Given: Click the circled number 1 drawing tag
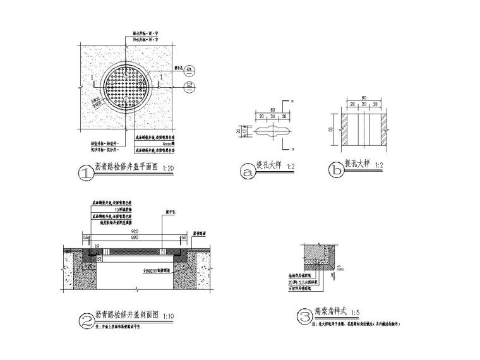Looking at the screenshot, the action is point(82,172).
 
